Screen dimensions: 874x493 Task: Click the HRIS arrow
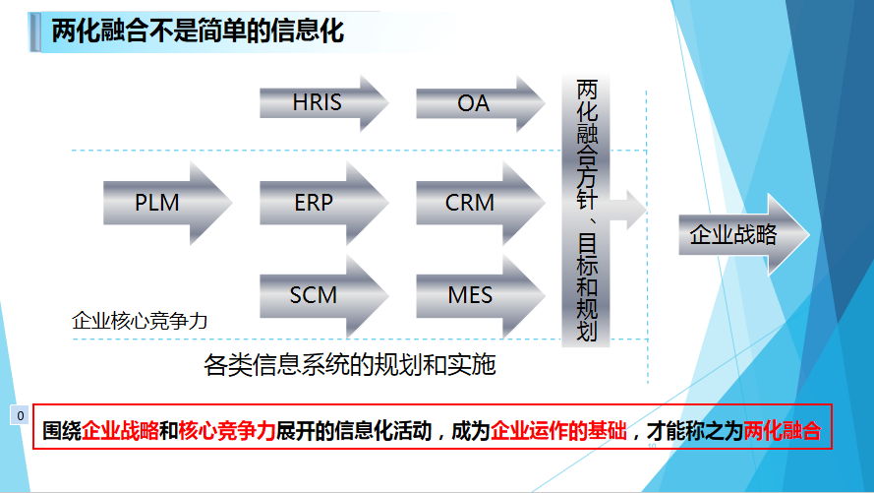(x=323, y=103)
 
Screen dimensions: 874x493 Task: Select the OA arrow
(x=480, y=103)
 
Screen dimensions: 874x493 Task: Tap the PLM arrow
(x=167, y=203)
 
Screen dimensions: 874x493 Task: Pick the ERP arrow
(x=323, y=203)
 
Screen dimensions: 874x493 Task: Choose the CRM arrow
(x=481, y=203)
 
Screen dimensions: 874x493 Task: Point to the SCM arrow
(x=323, y=295)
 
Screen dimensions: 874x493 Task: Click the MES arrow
(x=481, y=295)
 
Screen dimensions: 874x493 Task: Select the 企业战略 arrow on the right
(x=743, y=234)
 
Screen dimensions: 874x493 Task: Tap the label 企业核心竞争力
(x=140, y=321)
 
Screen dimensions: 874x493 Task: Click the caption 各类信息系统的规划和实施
(x=349, y=365)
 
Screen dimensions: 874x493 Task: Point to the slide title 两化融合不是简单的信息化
(x=198, y=31)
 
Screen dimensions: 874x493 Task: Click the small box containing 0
(x=20, y=415)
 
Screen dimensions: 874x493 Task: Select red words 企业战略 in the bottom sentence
(x=120, y=431)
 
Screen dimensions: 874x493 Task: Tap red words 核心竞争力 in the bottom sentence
(x=227, y=431)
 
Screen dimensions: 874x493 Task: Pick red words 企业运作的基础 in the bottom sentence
(x=558, y=431)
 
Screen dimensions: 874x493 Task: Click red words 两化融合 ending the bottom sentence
(x=782, y=431)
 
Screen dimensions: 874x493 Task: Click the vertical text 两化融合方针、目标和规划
(x=586, y=211)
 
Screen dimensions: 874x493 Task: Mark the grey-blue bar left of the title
(x=34, y=32)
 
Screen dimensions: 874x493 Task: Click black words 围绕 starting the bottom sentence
(x=62, y=431)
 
